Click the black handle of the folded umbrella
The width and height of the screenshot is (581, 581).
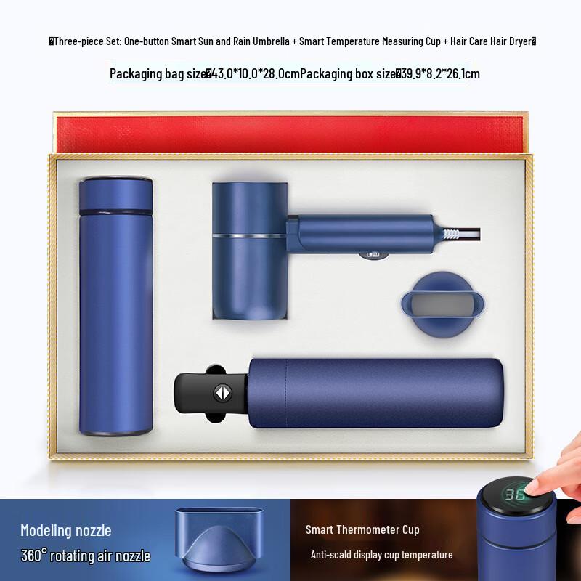click(204, 393)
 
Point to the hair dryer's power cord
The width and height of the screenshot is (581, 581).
click(462, 234)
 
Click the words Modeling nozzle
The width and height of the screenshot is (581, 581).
click(66, 530)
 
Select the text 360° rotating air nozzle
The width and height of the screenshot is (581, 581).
click(85, 556)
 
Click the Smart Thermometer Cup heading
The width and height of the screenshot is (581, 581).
click(362, 529)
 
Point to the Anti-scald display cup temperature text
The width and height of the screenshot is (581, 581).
click(381, 555)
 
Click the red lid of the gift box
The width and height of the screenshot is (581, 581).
click(290, 134)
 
